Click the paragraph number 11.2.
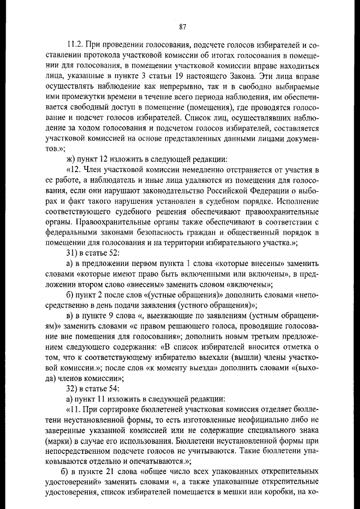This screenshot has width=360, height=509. (x=75, y=44)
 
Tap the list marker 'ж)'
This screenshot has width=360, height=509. (x=71, y=159)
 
